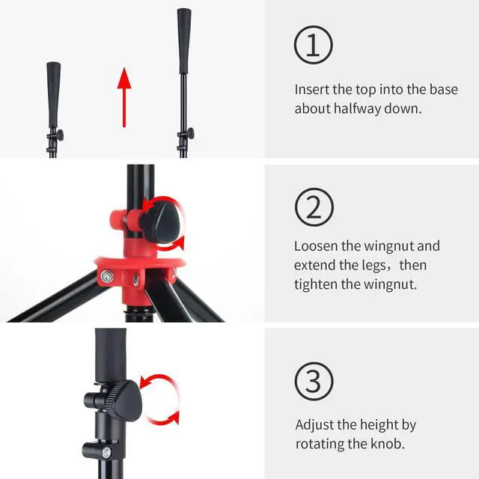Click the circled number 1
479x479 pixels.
(x=314, y=45)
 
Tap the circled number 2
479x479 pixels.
(x=314, y=207)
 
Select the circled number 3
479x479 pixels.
(x=314, y=382)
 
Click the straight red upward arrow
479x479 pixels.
(x=124, y=97)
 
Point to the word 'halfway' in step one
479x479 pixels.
(x=357, y=109)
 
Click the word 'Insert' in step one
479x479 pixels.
(x=311, y=90)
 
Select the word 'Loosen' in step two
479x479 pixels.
(x=316, y=246)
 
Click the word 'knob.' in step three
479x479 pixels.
(x=388, y=444)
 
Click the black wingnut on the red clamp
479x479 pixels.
(x=160, y=222)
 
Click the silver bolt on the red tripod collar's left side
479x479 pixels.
(x=106, y=277)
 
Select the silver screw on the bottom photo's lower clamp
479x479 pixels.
(x=106, y=453)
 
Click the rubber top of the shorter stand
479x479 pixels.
(x=53, y=95)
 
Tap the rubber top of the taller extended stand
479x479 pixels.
(x=184, y=41)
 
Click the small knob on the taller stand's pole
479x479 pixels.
(x=189, y=133)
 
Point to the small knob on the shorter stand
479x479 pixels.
(x=59, y=135)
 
